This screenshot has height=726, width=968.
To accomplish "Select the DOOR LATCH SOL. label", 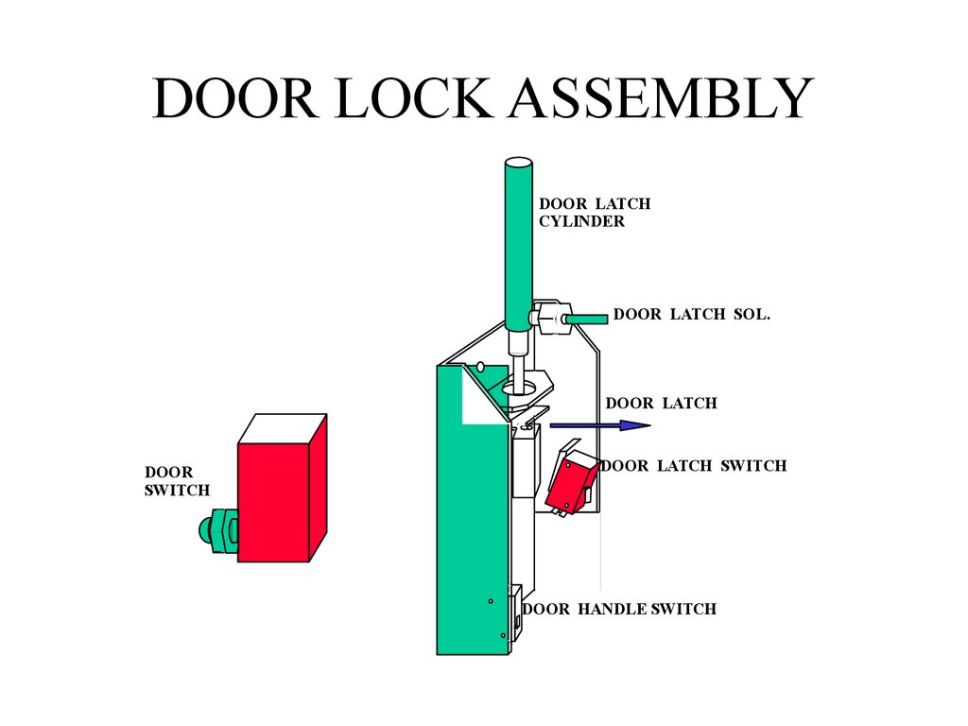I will (x=692, y=314).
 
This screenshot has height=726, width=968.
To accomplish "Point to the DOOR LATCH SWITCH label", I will (x=694, y=465).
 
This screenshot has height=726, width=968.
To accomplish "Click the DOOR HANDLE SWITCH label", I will (x=619, y=609).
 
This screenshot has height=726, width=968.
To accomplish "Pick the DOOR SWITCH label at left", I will (x=177, y=481).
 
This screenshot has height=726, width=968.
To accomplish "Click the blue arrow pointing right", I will (x=600, y=426).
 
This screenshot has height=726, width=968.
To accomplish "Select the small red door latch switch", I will (x=569, y=483).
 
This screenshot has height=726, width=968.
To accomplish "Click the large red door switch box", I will (x=273, y=502).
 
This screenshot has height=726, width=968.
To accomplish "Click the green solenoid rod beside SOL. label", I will (x=586, y=320).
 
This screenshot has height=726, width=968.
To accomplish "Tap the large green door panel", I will (x=471, y=539).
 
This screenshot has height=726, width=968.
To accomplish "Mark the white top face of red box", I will (x=282, y=428).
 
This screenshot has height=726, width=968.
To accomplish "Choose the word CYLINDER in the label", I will (x=581, y=221).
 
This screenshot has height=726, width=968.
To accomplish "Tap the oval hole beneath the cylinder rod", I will (x=519, y=386).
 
